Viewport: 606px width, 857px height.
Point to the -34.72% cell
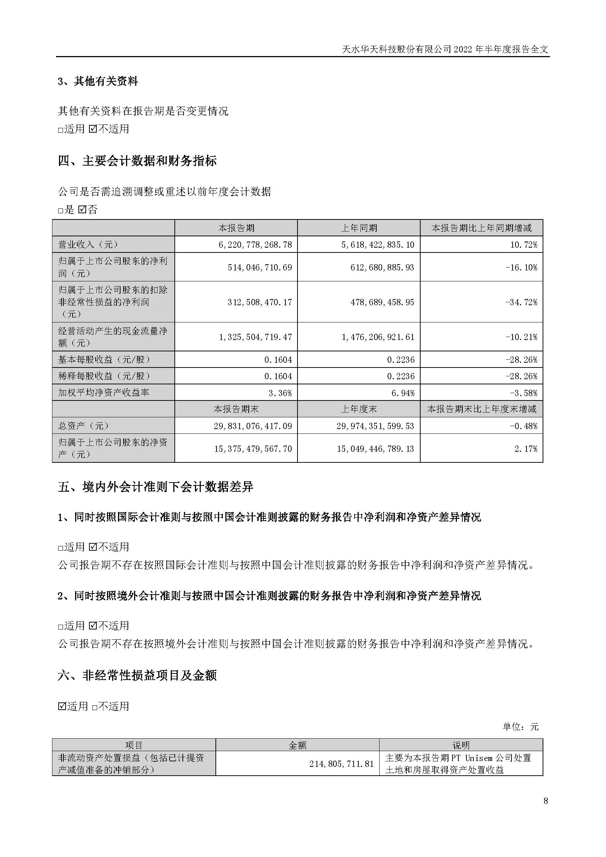point(521,302)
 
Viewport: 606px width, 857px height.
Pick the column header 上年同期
point(359,228)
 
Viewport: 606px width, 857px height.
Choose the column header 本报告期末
point(236,409)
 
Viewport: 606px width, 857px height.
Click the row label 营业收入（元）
point(88,245)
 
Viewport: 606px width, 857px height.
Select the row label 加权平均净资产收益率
point(104,393)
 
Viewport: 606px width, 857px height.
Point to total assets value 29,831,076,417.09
point(253,426)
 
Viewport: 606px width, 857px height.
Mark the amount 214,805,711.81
point(341,764)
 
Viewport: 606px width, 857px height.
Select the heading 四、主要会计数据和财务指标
point(137,161)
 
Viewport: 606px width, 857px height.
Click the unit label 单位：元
point(521,727)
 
